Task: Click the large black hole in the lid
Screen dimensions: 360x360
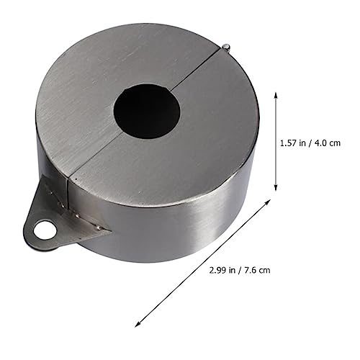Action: tap(147, 111)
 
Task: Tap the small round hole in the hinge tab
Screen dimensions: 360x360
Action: tap(45, 230)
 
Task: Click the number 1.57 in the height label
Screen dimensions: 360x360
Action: tap(289, 143)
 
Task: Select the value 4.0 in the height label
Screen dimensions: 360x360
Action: tap(320, 143)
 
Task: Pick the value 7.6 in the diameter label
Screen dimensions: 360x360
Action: tap(251, 270)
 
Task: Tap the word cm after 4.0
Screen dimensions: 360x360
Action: tap(335, 143)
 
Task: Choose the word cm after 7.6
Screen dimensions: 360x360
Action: tap(264, 271)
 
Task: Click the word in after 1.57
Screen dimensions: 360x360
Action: tap(303, 143)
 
